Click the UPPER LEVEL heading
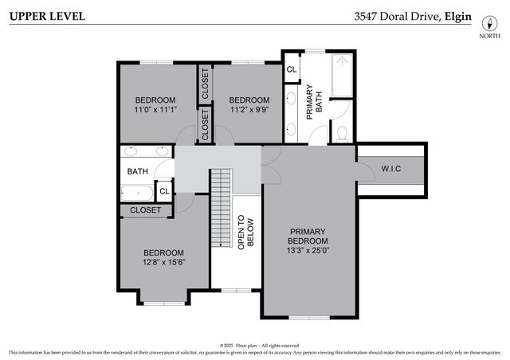(x=45, y=16)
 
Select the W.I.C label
(x=391, y=168)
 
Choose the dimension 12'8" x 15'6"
(x=163, y=263)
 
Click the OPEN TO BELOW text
(x=245, y=232)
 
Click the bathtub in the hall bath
(x=137, y=192)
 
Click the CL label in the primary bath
(x=292, y=69)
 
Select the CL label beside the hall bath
(x=164, y=191)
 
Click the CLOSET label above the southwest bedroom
(x=145, y=210)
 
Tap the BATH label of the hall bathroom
(x=137, y=170)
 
